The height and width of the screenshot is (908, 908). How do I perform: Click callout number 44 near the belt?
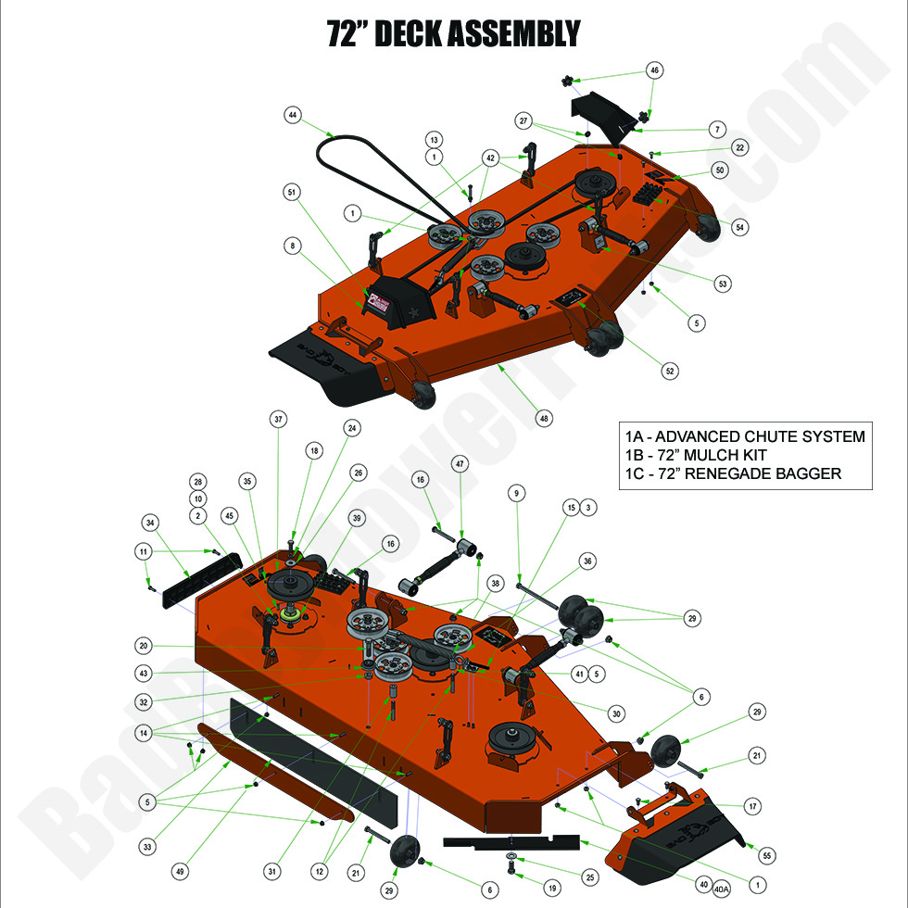point(293,115)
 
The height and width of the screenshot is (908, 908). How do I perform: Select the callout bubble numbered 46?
point(654,70)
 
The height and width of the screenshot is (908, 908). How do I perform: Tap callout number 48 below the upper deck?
point(544,419)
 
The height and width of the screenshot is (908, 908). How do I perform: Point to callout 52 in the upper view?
point(670,371)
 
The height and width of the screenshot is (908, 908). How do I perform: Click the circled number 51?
point(293,193)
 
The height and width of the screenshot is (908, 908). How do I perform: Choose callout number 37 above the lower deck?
point(278,419)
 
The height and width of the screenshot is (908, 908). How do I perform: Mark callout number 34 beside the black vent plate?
point(151,521)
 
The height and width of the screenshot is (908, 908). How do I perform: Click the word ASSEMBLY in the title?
point(512,33)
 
